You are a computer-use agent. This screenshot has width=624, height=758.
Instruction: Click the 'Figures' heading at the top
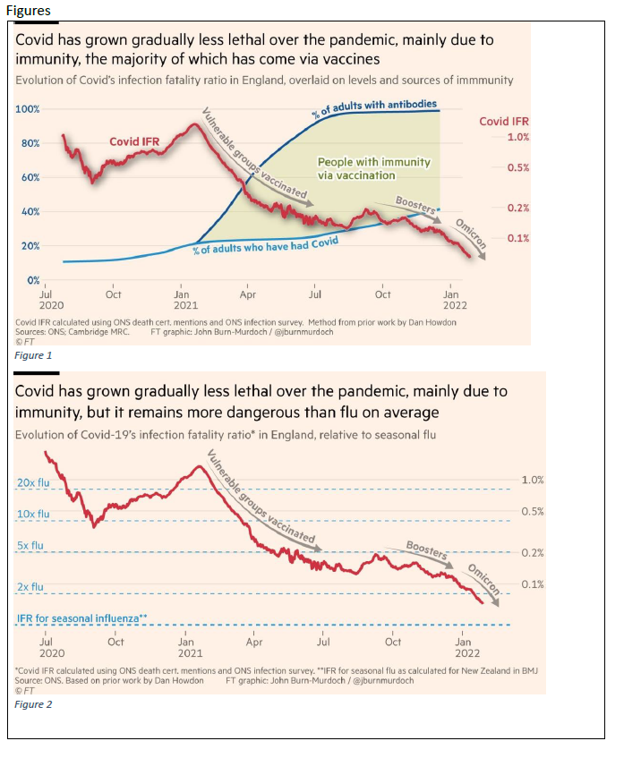[30, 10]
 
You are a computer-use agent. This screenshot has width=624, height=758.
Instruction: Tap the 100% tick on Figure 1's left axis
[28, 109]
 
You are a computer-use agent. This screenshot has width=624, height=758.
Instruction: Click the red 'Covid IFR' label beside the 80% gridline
[136, 141]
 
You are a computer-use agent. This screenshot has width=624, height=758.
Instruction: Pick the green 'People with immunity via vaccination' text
[373, 169]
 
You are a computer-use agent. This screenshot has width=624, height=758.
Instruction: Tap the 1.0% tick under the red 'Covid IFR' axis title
[517, 137]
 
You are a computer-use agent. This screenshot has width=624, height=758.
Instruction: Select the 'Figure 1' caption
[34, 355]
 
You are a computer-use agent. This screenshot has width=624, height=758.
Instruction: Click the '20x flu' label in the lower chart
[34, 483]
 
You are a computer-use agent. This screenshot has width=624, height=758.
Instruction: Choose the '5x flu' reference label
[31, 545]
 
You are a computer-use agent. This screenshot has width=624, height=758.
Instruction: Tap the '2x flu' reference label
[31, 587]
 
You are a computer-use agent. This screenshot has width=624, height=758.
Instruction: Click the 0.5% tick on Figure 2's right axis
[532, 511]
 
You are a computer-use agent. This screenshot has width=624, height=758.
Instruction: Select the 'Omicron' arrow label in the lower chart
[483, 581]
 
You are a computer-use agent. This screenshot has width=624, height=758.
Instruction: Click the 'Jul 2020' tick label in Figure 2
[47, 647]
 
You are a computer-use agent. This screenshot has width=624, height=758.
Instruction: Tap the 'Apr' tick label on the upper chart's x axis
[248, 293]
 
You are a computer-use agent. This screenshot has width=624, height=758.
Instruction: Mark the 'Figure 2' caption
[34, 705]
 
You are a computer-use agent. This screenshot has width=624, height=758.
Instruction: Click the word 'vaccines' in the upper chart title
[349, 58]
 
